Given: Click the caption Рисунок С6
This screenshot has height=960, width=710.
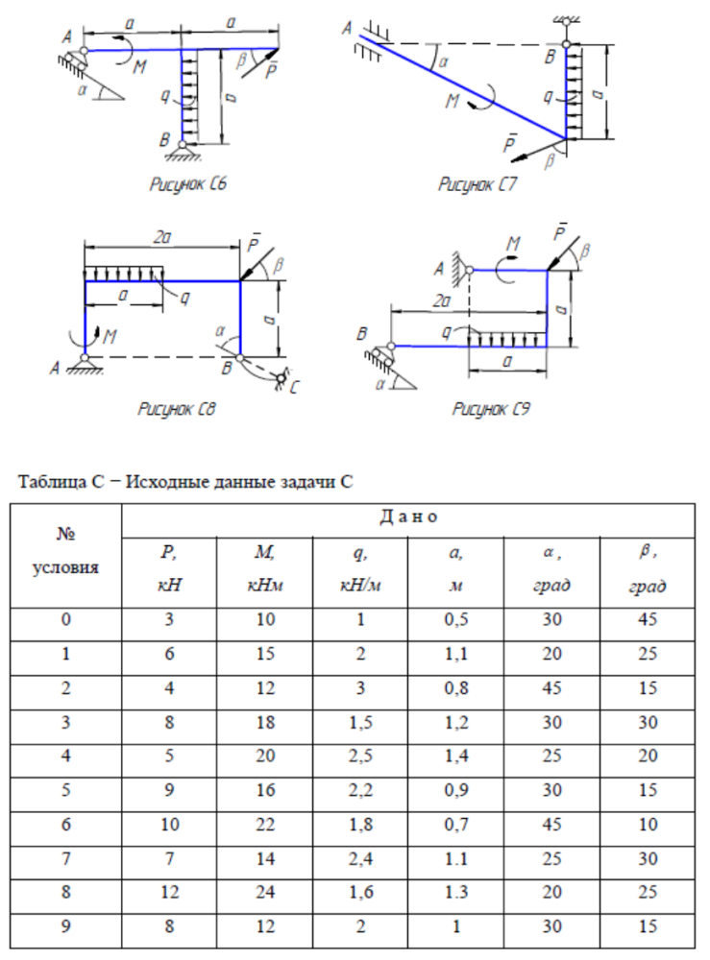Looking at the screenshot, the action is point(188,183).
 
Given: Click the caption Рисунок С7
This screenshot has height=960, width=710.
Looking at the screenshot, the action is point(477,183).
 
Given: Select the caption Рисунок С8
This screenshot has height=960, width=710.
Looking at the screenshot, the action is point(177,408).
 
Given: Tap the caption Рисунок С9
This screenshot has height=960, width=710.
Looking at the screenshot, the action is point(491,408).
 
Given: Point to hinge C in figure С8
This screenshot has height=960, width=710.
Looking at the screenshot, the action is point(282,378).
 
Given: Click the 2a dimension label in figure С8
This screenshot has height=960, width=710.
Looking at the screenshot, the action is point(162,237).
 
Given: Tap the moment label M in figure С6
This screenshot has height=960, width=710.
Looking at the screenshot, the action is point(139,66).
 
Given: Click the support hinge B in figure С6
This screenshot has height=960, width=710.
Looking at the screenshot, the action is point(182,145).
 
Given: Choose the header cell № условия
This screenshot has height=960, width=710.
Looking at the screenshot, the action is point(65,551).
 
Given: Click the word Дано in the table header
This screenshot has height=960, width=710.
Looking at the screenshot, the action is point(408,517).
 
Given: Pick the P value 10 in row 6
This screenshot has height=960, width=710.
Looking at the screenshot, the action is point(169,825).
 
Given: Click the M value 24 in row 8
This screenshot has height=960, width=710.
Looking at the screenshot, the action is point(264,892).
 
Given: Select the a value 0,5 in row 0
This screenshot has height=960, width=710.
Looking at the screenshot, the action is point(455,619).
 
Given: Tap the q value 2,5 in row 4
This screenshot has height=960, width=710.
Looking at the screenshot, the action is point(360,756).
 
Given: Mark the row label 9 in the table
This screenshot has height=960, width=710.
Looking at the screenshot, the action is point(65,926).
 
